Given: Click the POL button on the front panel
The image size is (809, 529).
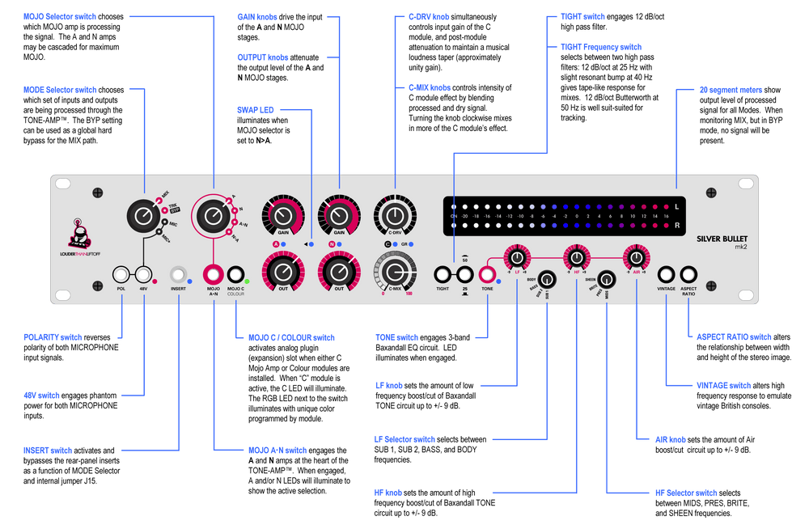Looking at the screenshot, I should (121, 274).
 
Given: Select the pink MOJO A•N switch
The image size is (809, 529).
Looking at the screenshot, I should (214, 274).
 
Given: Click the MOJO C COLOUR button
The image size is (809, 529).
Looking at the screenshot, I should (235, 274).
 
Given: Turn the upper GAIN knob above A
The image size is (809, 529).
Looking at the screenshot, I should (284, 216).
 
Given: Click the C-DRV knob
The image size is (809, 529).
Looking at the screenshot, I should (394, 216).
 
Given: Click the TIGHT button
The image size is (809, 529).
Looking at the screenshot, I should (443, 274).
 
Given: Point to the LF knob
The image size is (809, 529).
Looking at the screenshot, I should (516, 259).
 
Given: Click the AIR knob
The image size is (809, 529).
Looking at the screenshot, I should (636, 259).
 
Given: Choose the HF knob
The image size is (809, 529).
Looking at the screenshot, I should (576, 259).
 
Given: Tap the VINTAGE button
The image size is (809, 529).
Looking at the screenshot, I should (667, 274).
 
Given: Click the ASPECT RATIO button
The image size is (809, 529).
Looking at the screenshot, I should (688, 274).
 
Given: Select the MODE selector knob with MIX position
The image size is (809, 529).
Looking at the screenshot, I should (143, 215).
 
